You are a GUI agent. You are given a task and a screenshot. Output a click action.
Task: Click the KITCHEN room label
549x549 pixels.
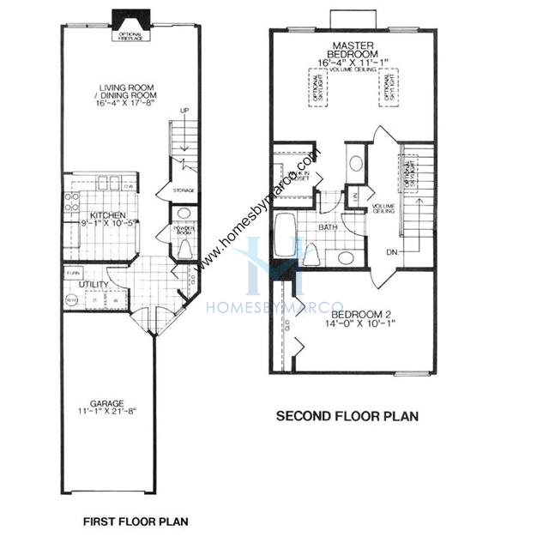pyautogui.click(x=107, y=215)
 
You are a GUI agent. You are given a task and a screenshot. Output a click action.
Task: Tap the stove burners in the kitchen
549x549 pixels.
pyautogui.click(x=71, y=202)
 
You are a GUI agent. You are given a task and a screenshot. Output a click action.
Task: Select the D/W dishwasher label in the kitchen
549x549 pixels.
pyautogui.click(x=129, y=187)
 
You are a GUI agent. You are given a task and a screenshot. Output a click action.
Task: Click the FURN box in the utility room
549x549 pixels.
pyautogui.click(x=73, y=273)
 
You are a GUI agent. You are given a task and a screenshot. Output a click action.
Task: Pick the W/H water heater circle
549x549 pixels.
pyautogui.click(x=71, y=299)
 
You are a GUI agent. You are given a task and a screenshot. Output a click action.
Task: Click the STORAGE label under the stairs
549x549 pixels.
pyautogui.click(x=183, y=190)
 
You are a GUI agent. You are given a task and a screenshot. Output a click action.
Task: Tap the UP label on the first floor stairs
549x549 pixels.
pyautogui.click(x=184, y=111)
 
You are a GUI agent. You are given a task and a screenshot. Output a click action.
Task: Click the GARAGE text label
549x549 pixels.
pyautogui.click(x=107, y=402)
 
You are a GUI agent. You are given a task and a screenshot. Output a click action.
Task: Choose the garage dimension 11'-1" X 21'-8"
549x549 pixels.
pyautogui.click(x=107, y=413)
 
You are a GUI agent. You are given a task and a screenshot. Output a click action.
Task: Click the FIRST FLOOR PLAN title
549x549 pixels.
pyautogui.click(x=135, y=521)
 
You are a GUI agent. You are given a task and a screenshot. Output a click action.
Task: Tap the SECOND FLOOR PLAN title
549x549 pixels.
pyautogui.click(x=347, y=418)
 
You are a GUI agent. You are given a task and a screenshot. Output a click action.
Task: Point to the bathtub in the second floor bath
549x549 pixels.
pyautogui.click(x=286, y=235)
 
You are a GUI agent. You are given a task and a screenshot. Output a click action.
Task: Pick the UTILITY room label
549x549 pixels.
pyautogui.click(x=94, y=284)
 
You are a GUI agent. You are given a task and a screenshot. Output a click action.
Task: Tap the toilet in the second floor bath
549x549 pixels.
pyautogui.click(x=311, y=255)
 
